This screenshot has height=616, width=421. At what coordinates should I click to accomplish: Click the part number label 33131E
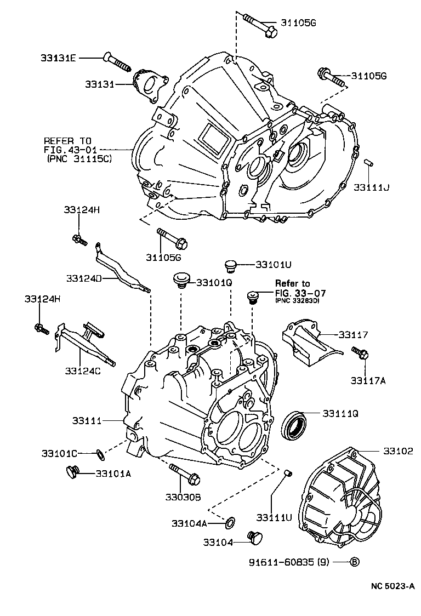click(x=57, y=58)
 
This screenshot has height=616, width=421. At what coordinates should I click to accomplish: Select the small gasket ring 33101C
click(x=99, y=453)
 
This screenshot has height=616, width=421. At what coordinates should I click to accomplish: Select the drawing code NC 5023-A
click(x=392, y=586)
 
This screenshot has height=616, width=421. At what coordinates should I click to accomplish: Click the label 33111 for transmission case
click(x=87, y=420)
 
